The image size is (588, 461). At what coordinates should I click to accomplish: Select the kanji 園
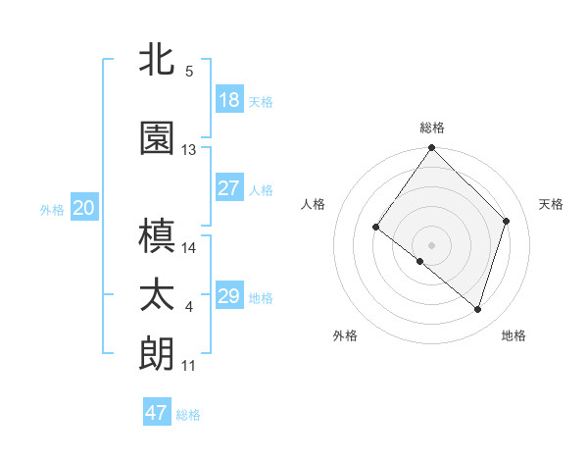[159, 139]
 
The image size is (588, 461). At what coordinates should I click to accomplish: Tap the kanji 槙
[159, 236]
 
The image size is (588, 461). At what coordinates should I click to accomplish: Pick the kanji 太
[159, 295]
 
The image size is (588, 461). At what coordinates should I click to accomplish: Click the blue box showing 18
[229, 100]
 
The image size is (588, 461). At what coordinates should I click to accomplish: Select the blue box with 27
[229, 188]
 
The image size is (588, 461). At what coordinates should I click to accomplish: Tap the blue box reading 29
[229, 296]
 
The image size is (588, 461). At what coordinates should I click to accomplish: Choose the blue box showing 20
[83, 208]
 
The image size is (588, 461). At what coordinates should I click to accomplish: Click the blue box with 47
[157, 413]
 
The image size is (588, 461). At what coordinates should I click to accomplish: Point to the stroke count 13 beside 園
[189, 150]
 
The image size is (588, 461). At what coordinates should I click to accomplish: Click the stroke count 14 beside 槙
[189, 248]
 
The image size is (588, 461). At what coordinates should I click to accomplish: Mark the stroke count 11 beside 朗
[189, 366]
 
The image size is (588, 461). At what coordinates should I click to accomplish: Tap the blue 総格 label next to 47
[189, 415]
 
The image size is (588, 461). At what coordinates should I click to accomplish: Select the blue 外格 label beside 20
[52, 209]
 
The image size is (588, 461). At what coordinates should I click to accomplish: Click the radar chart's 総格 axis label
[432, 128]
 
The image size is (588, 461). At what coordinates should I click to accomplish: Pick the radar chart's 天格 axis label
[552, 204]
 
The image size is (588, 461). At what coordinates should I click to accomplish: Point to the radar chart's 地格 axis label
[514, 335]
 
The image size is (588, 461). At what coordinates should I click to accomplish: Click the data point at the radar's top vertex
[431, 149]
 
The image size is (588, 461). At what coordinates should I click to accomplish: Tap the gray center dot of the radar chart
[431, 244]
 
